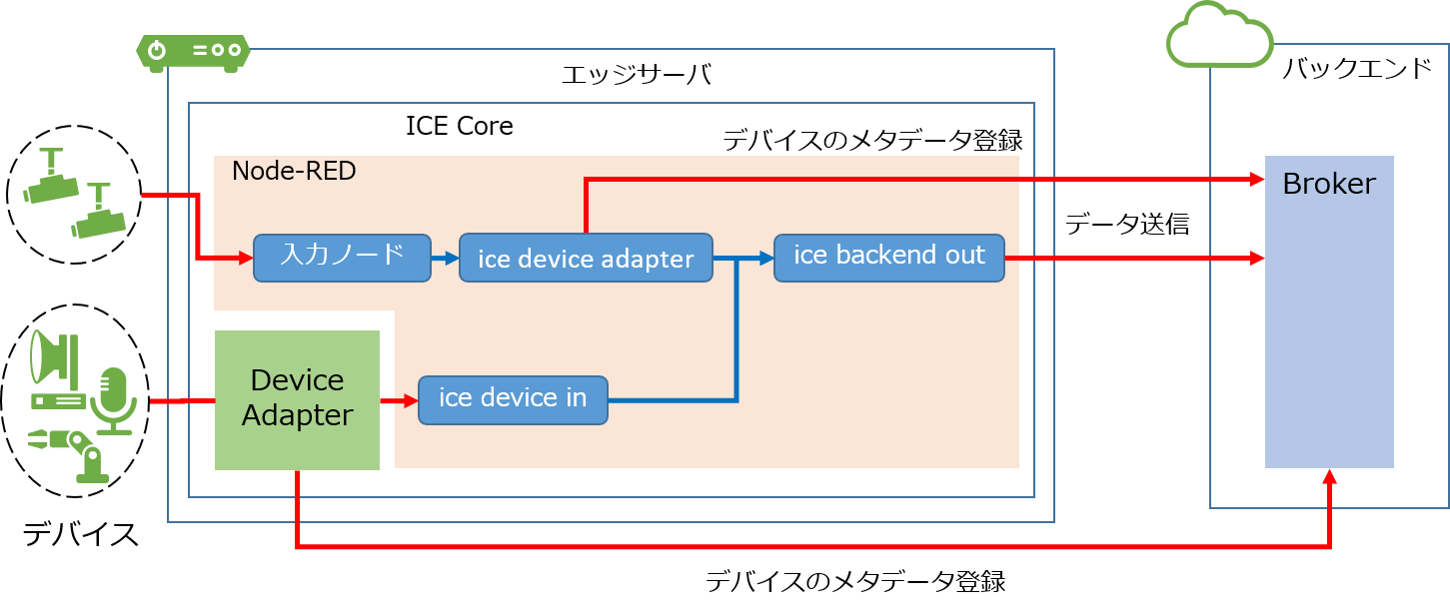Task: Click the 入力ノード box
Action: (x=342, y=258)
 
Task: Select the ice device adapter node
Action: (x=586, y=259)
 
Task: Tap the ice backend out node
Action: (x=889, y=257)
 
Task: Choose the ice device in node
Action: (x=513, y=399)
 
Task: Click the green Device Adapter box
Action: (x=297, y=399)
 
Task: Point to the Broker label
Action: (x=1329, y=185)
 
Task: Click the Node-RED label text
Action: (x=294, y=171)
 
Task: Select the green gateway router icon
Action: (x=192, y=52)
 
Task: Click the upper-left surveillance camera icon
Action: (x=50, y=177)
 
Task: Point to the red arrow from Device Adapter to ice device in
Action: (x=399, y=401)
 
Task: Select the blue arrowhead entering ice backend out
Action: (x=766, y=259)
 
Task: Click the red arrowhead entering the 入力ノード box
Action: (x=245, y=258)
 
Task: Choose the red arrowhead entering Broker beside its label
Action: (x=1256, y=180)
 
